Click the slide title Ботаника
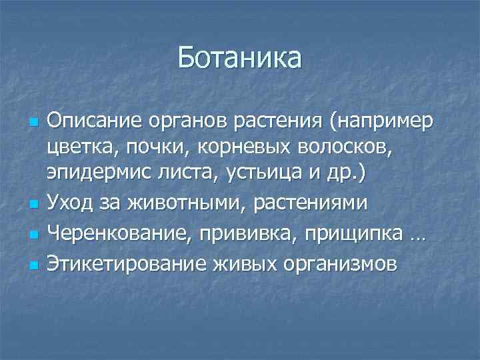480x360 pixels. coord(239,58)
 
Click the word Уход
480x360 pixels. coord(72,202)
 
